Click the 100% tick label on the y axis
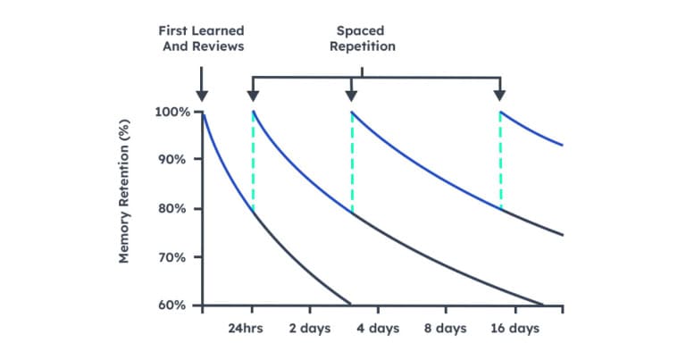pos(171,112)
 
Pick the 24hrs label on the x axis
pos(245,329)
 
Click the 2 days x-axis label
pos(310,329)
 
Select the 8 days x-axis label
pos(445,329)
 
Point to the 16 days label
pos(516,329)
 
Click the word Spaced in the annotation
pos(360,30)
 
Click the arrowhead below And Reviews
pos(202,96)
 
